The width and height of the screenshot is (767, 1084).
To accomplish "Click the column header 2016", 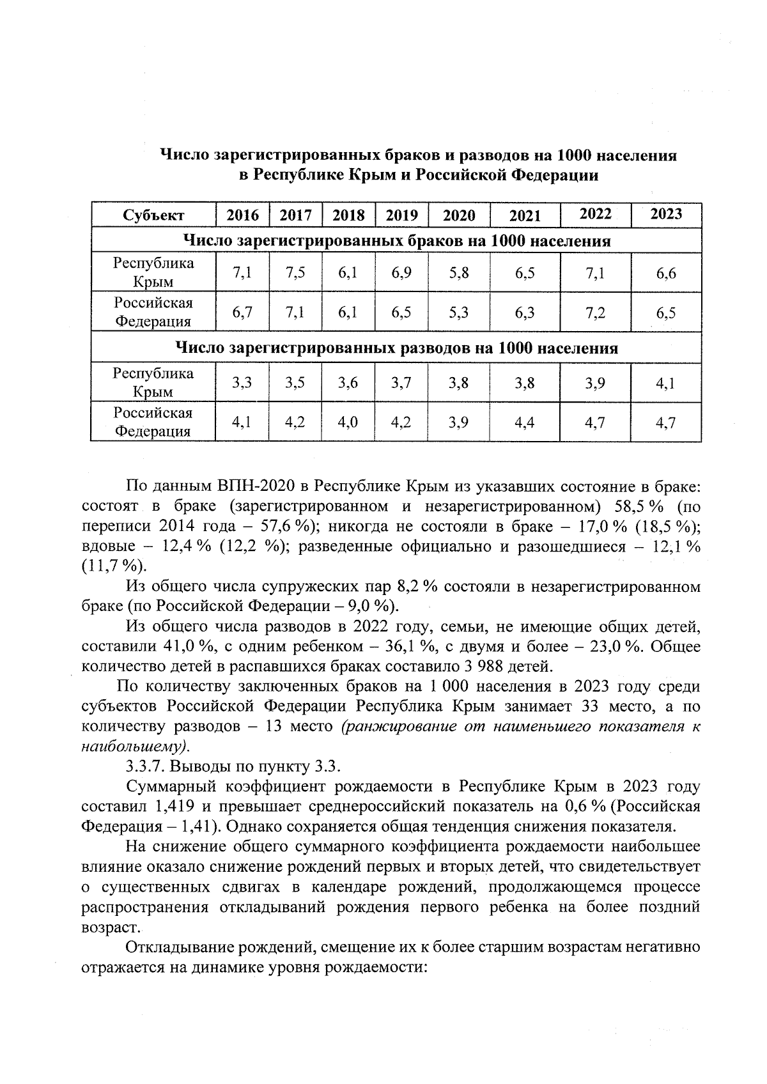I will [x=243, y=215].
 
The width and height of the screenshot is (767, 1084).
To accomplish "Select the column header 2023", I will [x=666, y=214].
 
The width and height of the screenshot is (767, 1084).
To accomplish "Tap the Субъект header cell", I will [x=153, y=215].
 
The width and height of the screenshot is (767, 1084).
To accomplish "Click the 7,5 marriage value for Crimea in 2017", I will [x=296, y=273].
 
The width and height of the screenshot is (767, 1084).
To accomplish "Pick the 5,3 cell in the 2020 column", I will [x=459, y=313].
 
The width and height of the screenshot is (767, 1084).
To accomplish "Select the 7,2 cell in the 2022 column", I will [x=595, y=313].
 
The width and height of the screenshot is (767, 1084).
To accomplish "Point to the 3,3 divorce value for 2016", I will [x=242, y=383].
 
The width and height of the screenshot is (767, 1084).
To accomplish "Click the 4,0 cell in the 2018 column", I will [x=348, y=422].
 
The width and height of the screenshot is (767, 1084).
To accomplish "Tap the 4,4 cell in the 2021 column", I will [x=524, y=422].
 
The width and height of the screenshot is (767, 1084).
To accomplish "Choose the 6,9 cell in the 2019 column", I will [x=401, y=273].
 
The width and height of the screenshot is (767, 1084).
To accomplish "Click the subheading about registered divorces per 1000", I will [x=396, y=348].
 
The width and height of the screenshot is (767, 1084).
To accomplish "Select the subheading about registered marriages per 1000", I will [x=396, y=242].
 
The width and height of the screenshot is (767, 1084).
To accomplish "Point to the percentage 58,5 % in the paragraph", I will [x=640, y=507].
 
